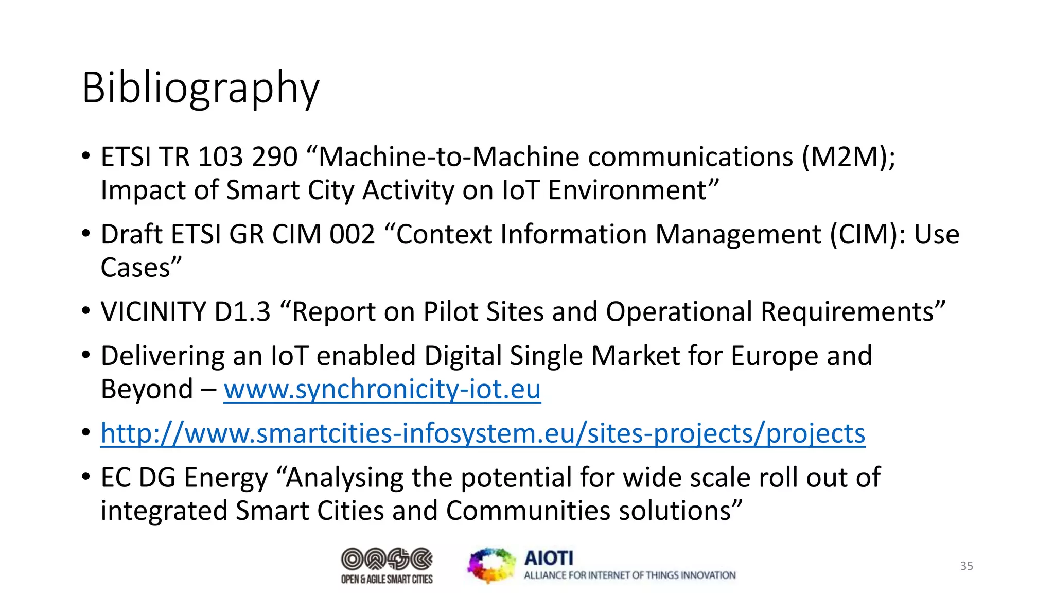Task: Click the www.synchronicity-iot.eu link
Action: (x=382, y=389)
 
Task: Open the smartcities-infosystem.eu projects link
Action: (x=483, y=433)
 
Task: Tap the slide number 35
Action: (x=967, y=566)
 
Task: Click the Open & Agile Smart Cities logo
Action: (x=387, y=566)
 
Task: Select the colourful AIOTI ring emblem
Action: (x=491, y=566)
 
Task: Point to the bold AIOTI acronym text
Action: (x=549, y=558)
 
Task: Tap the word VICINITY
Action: (x=153, y=312)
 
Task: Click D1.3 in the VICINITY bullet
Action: (x=242, y=312)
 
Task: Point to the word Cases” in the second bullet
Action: (x=141, y=268)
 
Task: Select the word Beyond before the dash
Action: (x=147, y=389)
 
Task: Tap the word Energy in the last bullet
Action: (x=226, y=478)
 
